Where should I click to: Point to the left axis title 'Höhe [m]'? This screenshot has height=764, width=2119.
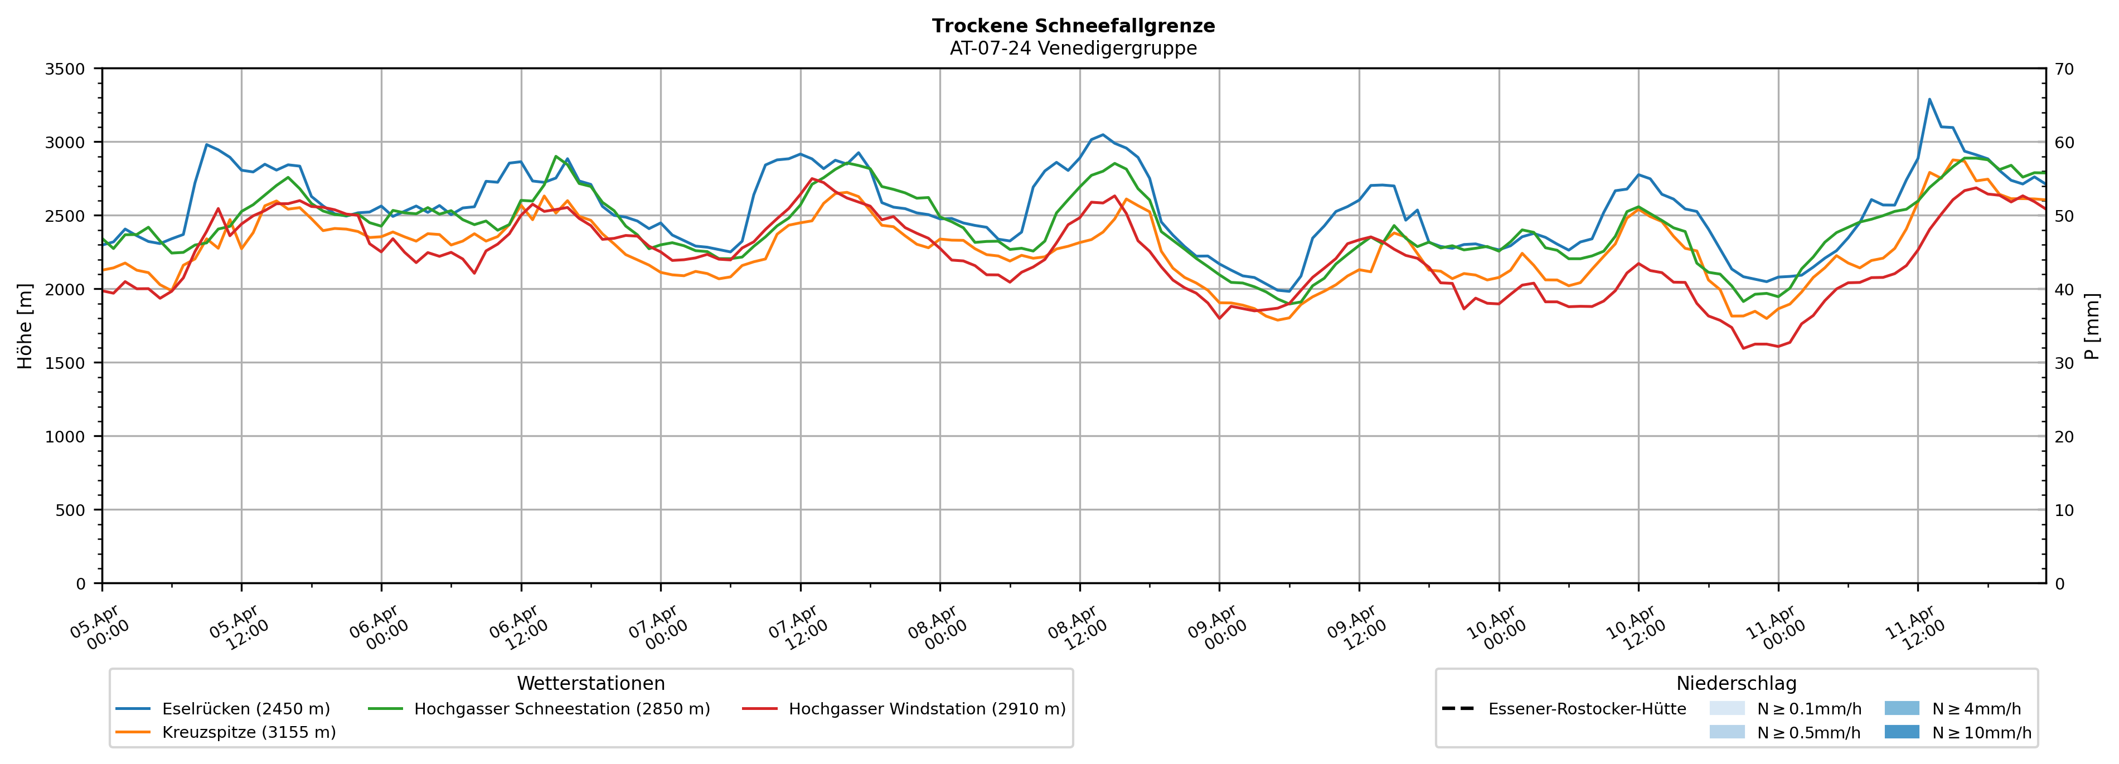point(25,325)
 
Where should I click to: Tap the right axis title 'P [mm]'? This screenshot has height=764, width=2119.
point(2092,325)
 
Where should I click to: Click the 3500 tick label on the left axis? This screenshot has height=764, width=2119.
point(65,69)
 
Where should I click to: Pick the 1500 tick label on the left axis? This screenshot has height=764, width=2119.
point(65,363)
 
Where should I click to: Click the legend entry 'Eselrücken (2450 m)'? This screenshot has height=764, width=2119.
point(246,709)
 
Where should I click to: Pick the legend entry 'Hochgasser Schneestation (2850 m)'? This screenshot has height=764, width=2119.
point(562,709)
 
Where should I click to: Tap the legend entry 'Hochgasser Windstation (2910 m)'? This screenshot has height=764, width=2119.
point(926,709)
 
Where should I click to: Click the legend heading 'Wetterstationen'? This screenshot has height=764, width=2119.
point(590,683)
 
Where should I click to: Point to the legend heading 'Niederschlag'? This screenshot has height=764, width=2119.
point(1735,683)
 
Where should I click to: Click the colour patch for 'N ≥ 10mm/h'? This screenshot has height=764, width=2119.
point(1901,732)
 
